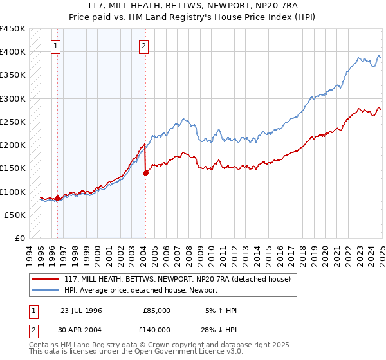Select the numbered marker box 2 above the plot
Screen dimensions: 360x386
pos(143,46)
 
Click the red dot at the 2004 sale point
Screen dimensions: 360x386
pos(145,173)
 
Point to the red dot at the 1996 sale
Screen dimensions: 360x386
pos(58,199)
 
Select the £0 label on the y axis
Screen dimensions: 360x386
pos(20,238)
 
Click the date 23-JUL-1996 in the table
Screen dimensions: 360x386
pos(81,310)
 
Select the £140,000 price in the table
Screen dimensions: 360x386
pos(156,328)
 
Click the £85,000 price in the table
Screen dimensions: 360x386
pos(156,310)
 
